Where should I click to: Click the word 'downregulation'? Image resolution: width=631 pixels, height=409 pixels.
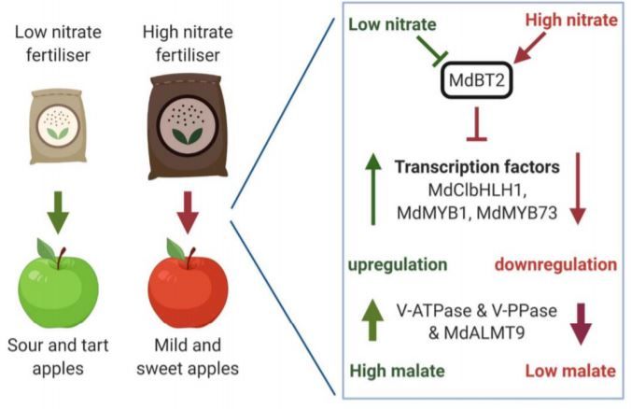[x=558, y=265]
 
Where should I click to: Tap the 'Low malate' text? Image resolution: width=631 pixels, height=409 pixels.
[x=569, y=371]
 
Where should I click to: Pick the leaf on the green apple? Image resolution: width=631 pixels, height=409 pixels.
[x=45, y=247]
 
